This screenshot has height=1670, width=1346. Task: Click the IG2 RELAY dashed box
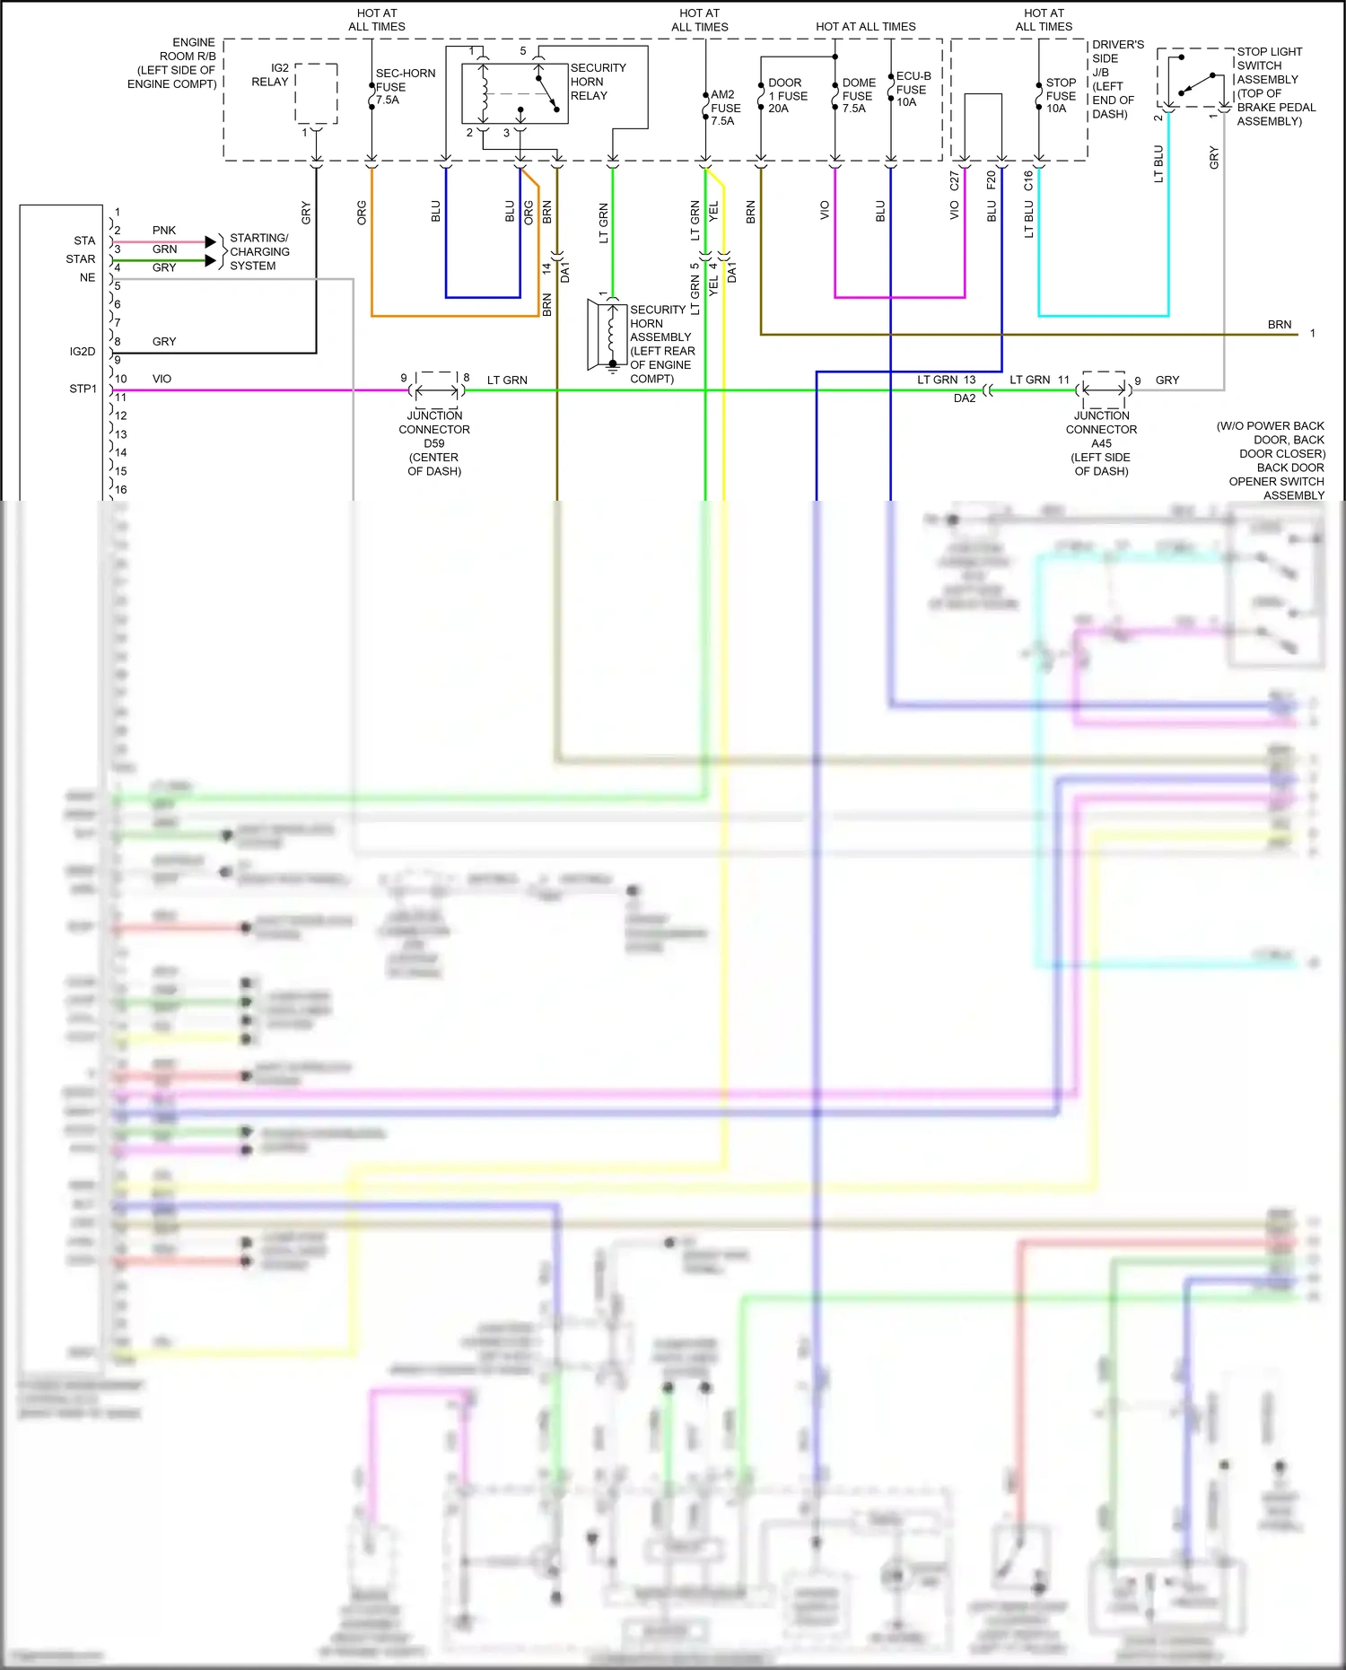(316, 93)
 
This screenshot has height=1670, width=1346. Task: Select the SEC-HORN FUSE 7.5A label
(405, 87)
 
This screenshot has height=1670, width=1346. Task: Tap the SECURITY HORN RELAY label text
(598, 82)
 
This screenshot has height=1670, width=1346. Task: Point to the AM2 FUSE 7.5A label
(725, 108)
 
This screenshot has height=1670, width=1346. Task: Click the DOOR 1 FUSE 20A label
(787, 95)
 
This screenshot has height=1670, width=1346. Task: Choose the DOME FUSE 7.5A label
(858, 95)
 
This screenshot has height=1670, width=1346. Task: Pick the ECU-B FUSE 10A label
(913, 89)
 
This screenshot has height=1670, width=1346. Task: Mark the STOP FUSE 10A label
(1060, 95)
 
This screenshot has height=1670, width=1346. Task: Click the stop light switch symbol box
(1195, 79)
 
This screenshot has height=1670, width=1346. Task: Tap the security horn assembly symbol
(607, 335)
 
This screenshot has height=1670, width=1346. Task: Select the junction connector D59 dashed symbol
(436, 390)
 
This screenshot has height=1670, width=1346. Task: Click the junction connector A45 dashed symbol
(1103, 389)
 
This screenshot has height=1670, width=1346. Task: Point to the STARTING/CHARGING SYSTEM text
(258, 252)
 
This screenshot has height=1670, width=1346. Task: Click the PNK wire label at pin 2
(164, 231)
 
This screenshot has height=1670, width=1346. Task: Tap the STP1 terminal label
(83, 389)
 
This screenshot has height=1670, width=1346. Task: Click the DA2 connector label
(964, 398)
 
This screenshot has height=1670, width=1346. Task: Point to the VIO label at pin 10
(162, 379)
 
